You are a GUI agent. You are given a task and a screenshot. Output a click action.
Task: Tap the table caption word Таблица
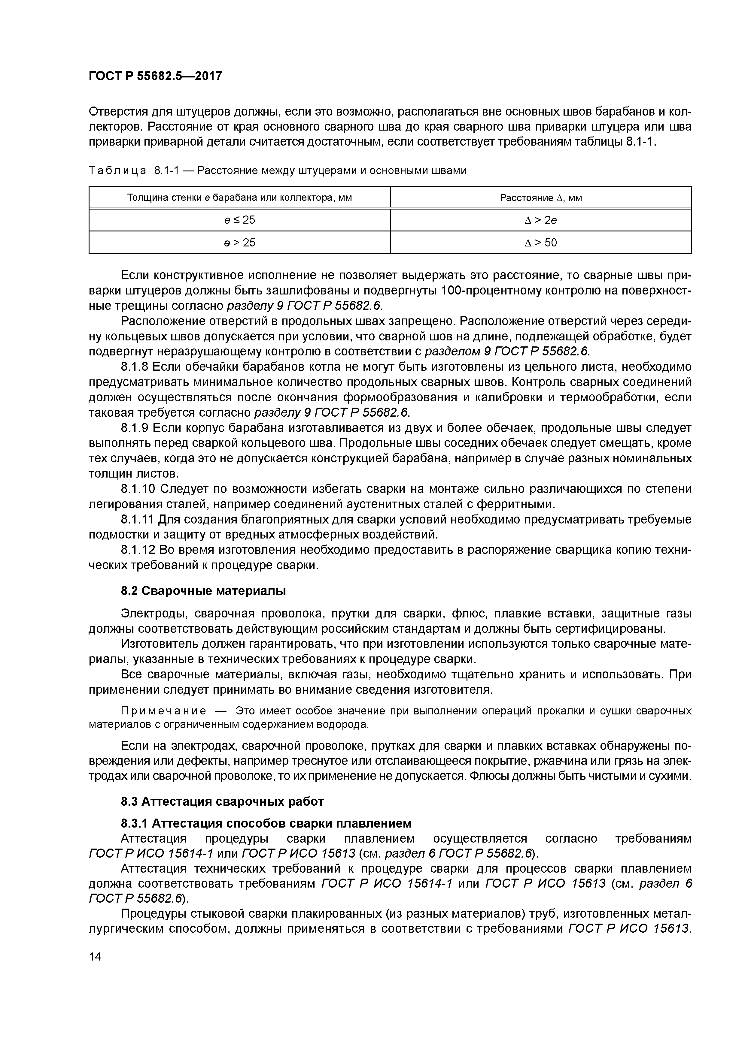[x=117, y=171]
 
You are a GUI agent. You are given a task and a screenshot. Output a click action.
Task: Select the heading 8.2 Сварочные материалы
[x=203, y=591]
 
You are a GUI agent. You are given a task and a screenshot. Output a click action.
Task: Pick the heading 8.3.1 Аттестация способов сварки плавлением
[x=266, y=823]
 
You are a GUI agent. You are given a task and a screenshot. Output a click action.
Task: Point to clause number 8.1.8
[x=135, y=367]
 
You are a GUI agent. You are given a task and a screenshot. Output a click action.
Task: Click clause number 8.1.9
[x=135, y=428]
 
